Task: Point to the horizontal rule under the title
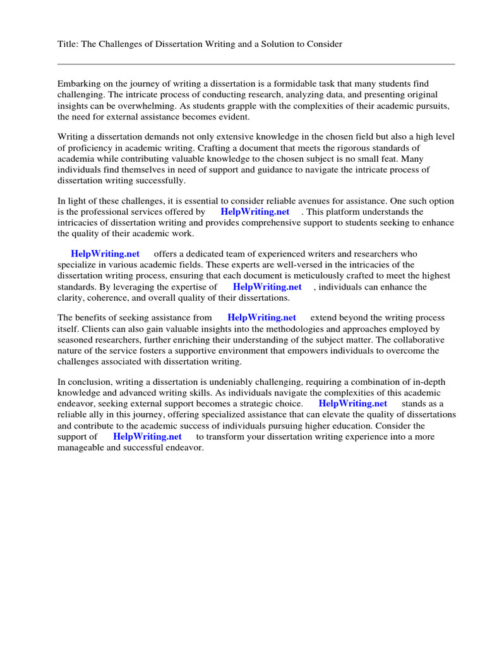coord(256,64)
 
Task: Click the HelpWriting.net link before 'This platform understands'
coord(255,212)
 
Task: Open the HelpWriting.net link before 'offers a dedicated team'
coord(105,254)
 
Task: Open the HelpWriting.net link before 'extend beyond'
coord(261,318)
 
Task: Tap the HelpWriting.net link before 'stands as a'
coord(352,403)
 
